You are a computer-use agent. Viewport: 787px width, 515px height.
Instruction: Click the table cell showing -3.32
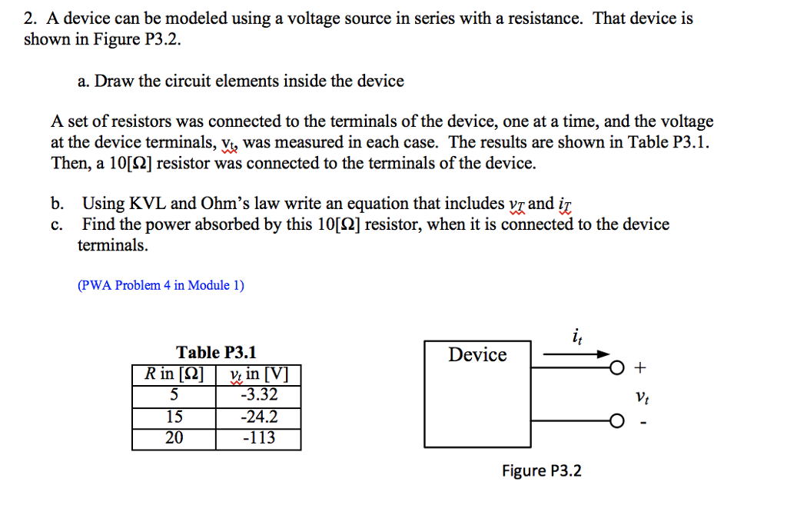(x=258, y=396)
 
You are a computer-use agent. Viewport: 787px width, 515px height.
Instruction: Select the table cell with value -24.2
(x=258, y=417)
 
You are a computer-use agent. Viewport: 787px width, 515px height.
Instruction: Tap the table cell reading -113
(x=258, y=438)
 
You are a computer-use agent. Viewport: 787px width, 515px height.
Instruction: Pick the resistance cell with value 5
(x=174, y=396)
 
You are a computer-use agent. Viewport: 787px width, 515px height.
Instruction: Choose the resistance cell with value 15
(x=174, y=417)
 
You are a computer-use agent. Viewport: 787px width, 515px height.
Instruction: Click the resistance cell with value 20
(x=174, y=438)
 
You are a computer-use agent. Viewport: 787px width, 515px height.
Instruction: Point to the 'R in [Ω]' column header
(x=174, y=375)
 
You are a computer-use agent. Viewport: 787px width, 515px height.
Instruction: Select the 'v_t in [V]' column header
(x=258, y=375)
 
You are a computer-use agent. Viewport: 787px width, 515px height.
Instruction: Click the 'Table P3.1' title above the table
(x=216, y=353)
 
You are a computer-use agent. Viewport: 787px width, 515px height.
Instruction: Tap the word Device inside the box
(x=477, y=355)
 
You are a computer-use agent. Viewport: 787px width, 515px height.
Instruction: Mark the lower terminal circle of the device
(x=616, y=420)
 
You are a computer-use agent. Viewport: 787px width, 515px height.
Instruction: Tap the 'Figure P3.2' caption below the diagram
(x=541, y=470)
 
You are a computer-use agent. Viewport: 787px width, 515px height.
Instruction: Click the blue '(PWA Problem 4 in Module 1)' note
(x=161, y=285)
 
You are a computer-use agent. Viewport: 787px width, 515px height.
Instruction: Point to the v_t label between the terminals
(x=642, y=397)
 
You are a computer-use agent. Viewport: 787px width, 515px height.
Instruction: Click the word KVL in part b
(x=146, y=204)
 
